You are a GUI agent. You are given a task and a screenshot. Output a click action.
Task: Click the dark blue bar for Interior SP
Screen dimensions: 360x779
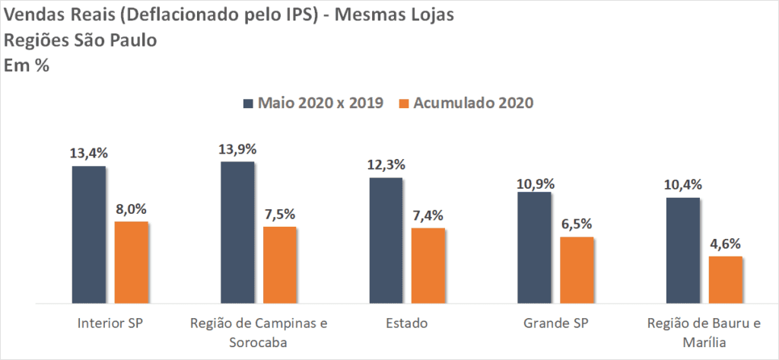89,234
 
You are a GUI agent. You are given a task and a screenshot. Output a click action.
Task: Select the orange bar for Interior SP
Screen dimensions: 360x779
131,263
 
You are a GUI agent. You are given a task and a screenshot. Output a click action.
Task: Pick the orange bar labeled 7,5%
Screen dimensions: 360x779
279,265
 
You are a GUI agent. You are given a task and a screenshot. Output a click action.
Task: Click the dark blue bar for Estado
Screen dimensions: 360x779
386,241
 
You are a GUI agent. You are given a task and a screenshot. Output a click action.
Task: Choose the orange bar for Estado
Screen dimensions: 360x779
428,266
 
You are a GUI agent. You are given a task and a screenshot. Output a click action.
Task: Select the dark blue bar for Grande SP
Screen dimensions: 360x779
534,247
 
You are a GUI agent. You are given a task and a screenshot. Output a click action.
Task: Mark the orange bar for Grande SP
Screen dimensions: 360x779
577,270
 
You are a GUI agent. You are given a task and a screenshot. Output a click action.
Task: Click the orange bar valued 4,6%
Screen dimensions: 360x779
725,280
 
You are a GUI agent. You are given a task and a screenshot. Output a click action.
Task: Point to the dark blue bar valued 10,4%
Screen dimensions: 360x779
682,250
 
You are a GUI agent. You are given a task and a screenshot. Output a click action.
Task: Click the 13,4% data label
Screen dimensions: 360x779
89,154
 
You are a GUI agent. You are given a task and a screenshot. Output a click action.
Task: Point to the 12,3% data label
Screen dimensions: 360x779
386,165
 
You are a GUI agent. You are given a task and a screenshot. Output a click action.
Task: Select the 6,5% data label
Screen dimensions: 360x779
577,225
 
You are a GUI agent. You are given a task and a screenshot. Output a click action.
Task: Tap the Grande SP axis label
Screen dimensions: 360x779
555,323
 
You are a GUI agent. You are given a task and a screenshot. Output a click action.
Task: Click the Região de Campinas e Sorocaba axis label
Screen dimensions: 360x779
259,332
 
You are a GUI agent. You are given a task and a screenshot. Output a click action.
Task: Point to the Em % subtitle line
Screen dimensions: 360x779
27,66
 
